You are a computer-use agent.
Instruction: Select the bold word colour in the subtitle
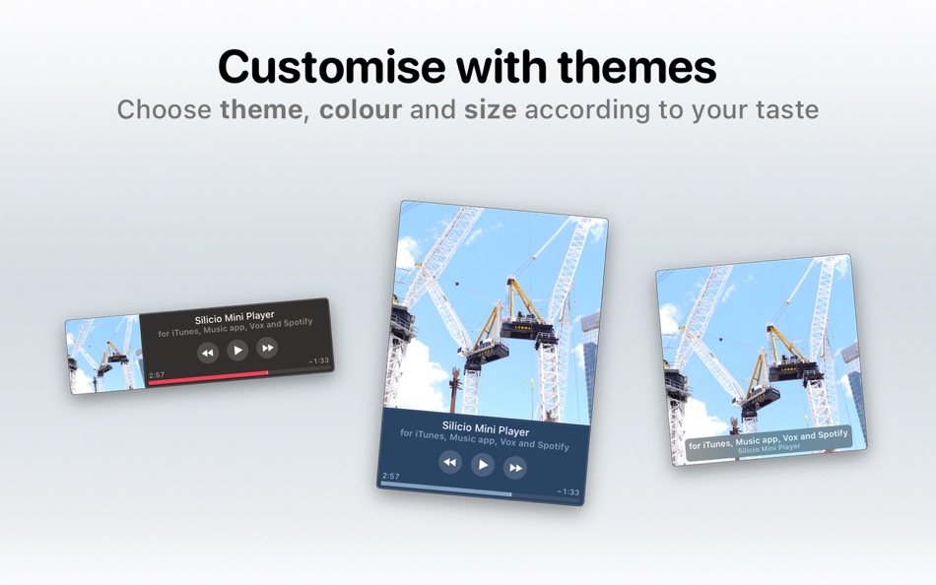point(360,109)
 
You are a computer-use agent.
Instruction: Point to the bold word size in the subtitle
point(490,109)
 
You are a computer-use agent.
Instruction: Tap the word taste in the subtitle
point(784,109)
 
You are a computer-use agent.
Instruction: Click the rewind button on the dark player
point(207,353)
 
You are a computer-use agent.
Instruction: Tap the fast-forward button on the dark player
point(266,347)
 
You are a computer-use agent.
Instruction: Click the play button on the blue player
point(482,464)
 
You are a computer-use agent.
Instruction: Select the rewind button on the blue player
point(449,461)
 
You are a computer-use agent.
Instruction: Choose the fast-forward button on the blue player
point(514,468)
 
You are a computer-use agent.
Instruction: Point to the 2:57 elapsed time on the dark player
point(157,375)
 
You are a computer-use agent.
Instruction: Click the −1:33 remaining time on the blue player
point(568,491)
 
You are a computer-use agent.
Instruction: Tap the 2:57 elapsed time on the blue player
point(391,476)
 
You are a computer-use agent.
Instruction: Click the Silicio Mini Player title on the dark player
point(234,318)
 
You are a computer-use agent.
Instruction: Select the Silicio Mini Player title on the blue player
point(485,429)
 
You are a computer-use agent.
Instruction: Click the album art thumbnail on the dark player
point(103,355)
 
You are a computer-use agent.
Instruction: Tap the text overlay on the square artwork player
point(768,440)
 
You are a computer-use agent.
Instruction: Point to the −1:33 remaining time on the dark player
point(318,360)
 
